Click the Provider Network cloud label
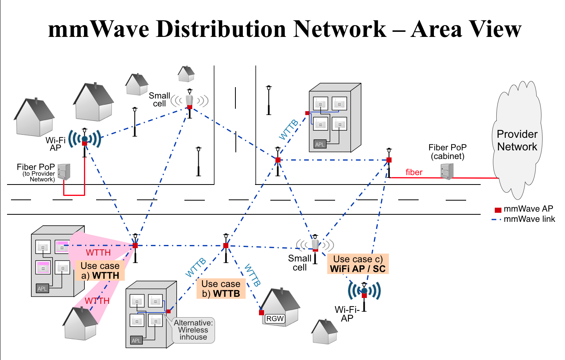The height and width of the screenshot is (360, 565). [517, 140]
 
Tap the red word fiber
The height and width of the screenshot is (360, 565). [414, 172]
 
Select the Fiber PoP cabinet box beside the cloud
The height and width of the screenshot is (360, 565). [447, 171]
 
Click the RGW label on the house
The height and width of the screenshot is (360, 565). [275, 318]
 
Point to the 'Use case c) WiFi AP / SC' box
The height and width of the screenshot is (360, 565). [357, 264]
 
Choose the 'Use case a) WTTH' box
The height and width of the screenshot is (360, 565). [100, 270]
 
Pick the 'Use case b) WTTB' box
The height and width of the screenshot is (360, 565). [221, 289]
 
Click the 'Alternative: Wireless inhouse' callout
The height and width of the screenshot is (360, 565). [193, 330]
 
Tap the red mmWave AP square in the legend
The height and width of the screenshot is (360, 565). [498, 210]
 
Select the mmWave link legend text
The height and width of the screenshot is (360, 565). [529, 219]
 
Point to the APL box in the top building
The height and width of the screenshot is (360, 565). [320, 144]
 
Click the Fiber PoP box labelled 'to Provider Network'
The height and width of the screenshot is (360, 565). [64, 172]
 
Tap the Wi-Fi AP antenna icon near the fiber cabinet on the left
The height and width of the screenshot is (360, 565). [84, 139]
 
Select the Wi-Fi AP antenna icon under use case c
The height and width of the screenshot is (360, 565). [364, 291]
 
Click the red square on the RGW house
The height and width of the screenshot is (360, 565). [261, 312]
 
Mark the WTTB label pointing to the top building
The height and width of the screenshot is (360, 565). [289, 130]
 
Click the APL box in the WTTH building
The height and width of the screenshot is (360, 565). [42, 289]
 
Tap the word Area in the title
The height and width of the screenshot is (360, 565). [435, 29]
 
